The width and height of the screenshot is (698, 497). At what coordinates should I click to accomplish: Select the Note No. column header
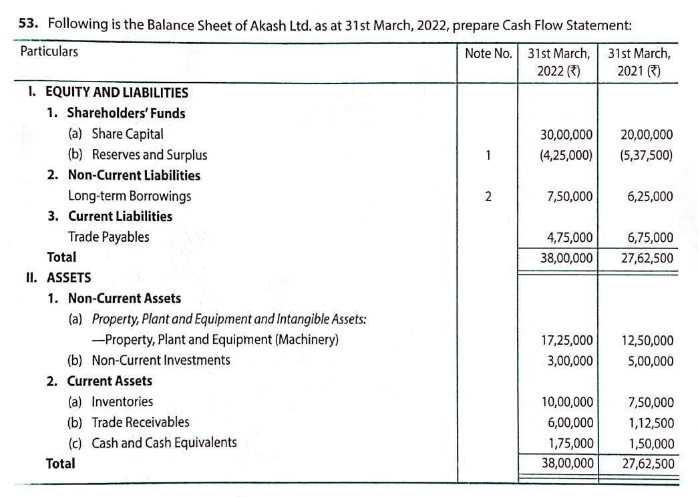point(488,53)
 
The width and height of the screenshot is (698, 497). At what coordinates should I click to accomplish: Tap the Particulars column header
point(49,51)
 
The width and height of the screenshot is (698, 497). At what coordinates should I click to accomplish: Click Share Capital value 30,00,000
point(566,135)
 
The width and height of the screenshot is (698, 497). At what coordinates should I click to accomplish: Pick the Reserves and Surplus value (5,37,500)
point(646,156)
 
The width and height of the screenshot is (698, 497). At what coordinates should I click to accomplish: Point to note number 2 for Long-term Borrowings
point(488,196)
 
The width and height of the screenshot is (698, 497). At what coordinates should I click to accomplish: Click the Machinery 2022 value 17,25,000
point(566,341)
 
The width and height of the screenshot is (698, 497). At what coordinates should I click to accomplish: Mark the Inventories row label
point(122,401)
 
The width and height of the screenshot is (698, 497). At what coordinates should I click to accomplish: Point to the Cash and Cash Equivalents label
point(164,442)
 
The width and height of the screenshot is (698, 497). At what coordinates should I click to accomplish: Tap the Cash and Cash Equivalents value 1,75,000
point(569,444)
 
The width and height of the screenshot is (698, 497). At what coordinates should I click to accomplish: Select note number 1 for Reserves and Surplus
point(488,156)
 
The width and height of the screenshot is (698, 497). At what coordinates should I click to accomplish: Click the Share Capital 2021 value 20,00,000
point(647,135)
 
